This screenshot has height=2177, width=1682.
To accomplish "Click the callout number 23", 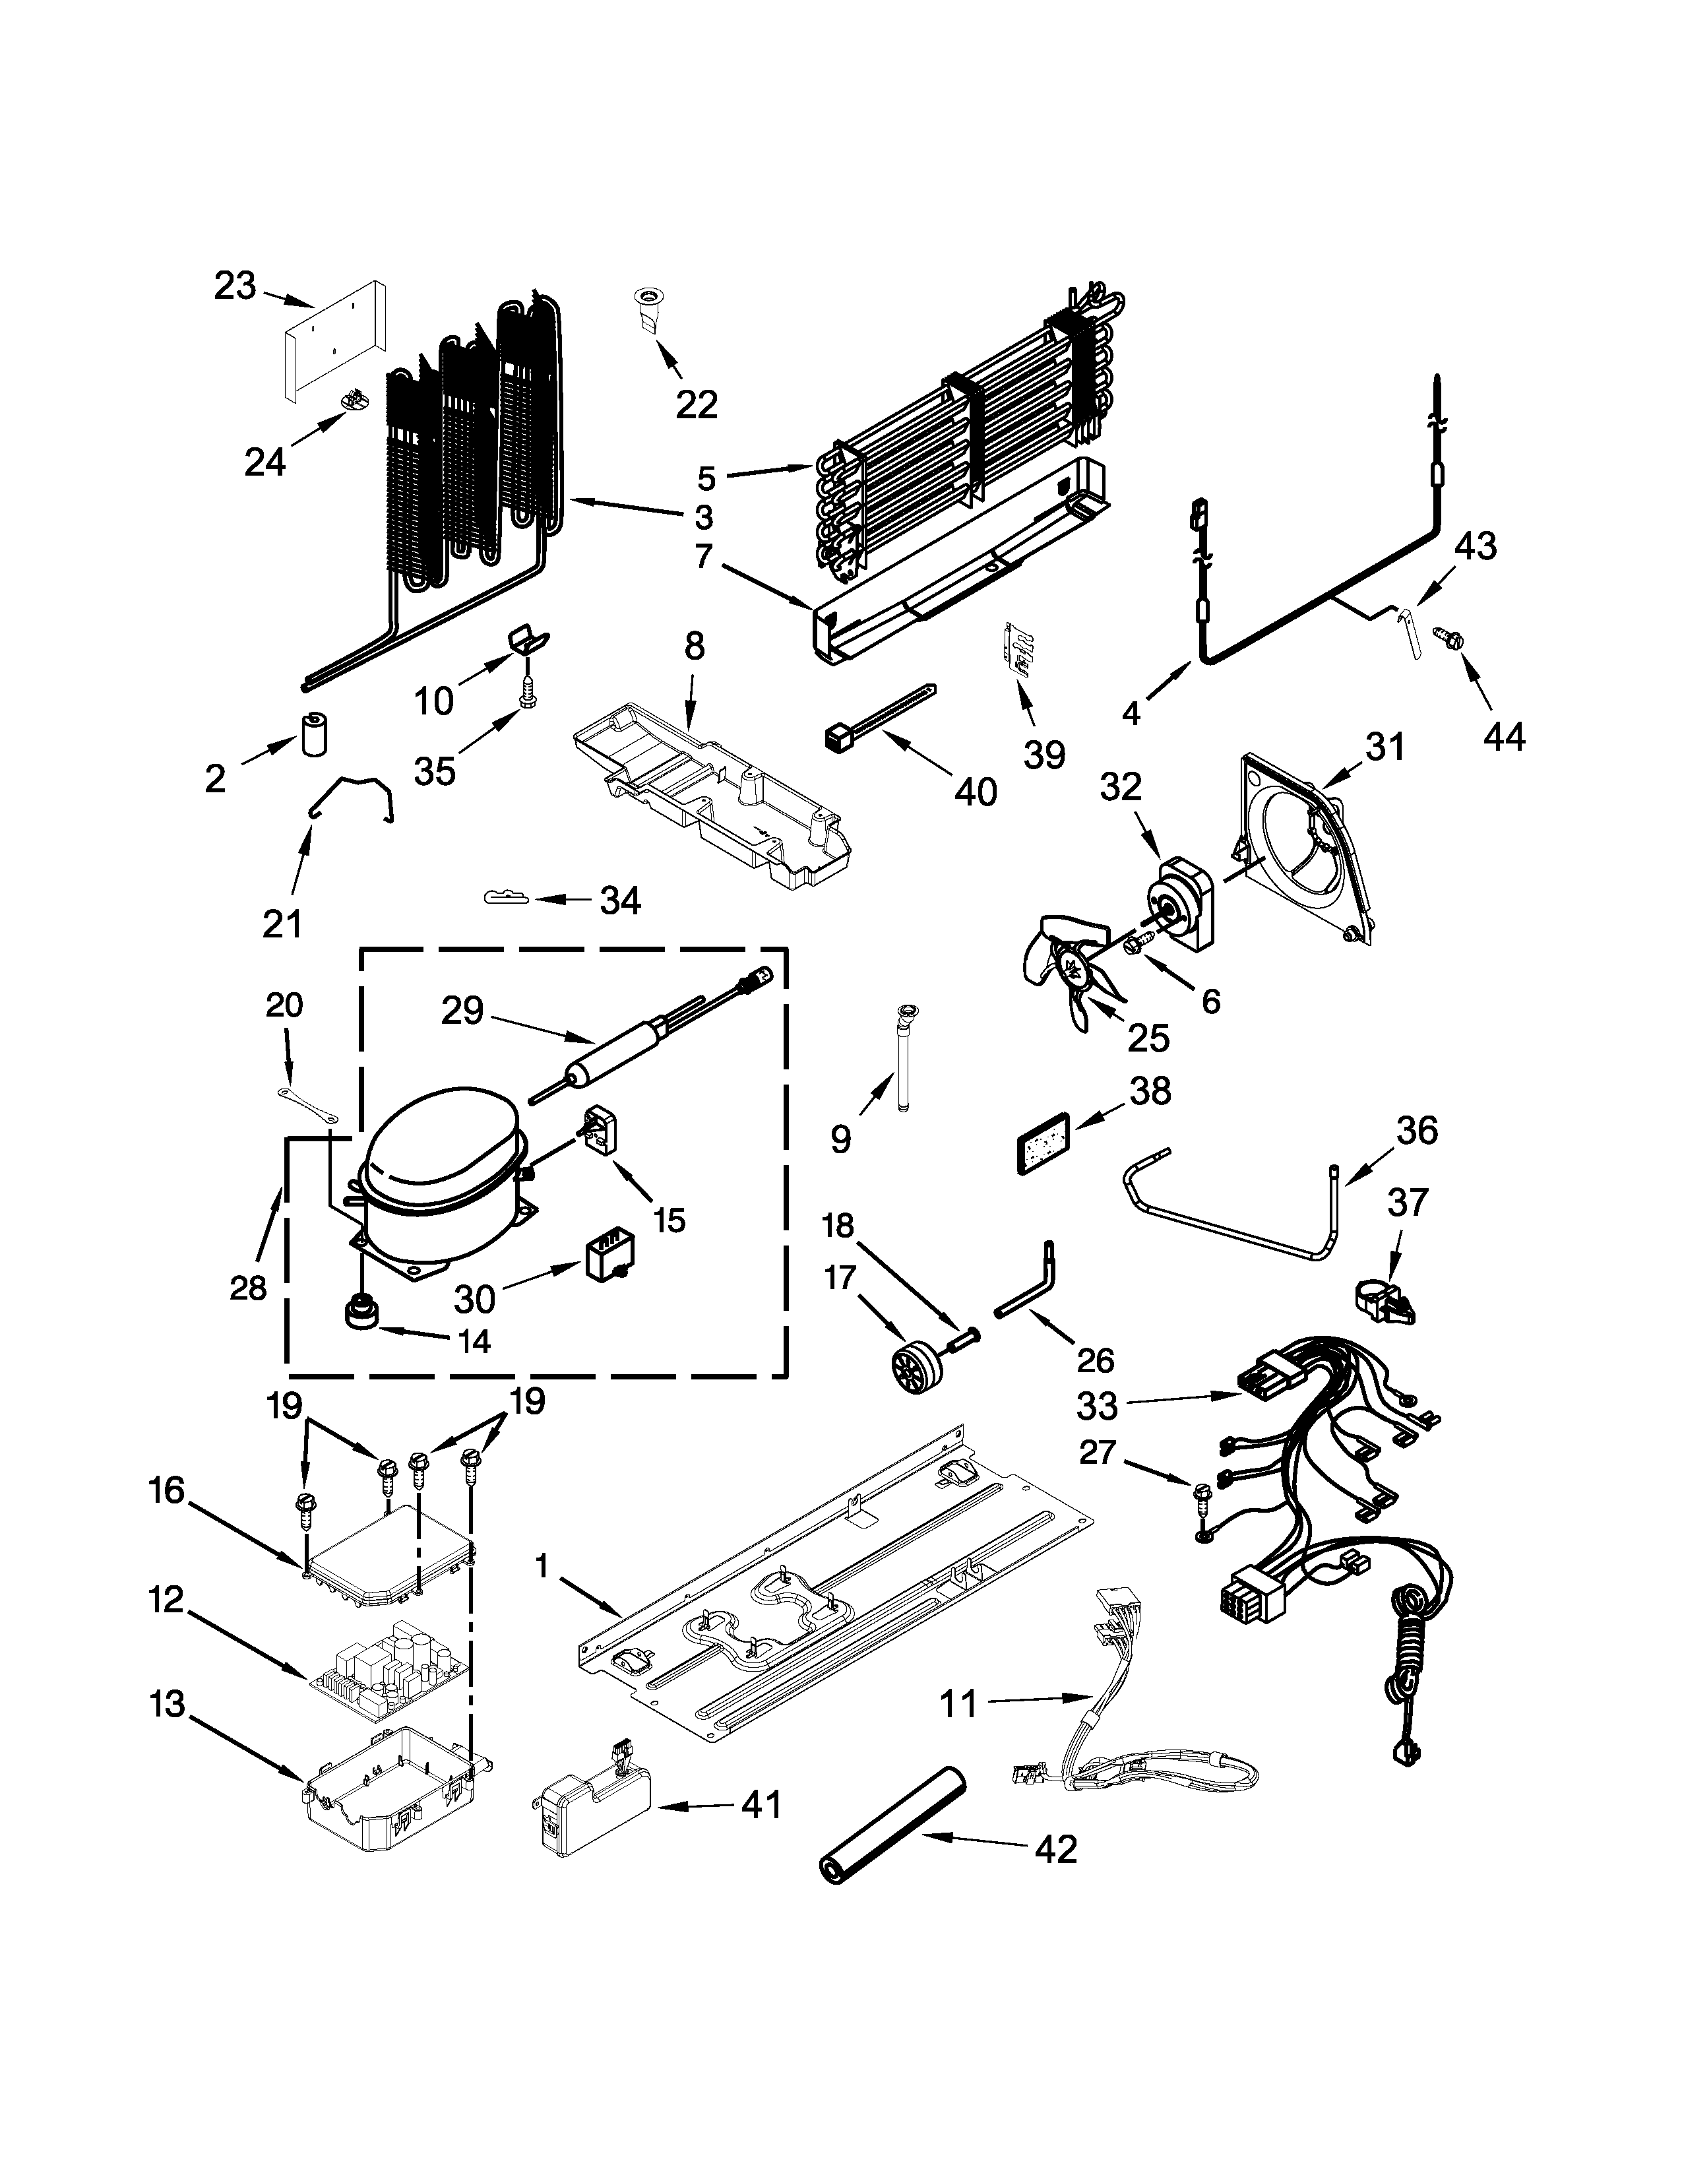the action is (x=235, y=286).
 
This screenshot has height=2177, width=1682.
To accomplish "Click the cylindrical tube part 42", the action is (x=892, y=1823).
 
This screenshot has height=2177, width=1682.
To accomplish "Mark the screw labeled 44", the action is (x=1444, y=635).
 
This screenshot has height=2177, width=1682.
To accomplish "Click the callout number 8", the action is (x=693, y=647).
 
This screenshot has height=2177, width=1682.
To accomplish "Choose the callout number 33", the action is (x=1097, y=1406).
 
